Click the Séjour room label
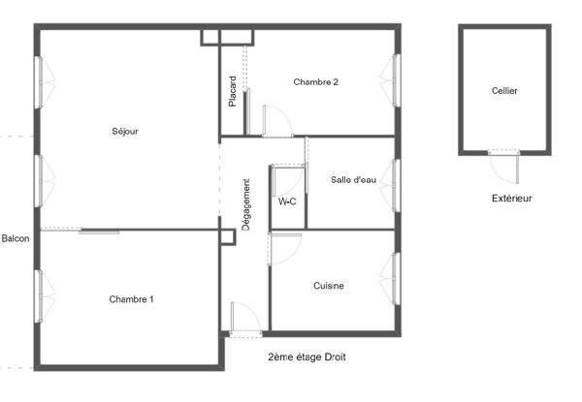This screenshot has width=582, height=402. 125,132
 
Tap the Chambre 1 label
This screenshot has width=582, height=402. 131,299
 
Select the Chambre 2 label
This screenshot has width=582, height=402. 315,82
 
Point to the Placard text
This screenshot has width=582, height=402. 233,92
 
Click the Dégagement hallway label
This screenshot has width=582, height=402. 246,203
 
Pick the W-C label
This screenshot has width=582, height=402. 288,202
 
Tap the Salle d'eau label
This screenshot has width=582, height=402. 353,179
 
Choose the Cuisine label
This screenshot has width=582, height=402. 329,286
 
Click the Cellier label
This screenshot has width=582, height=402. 504,91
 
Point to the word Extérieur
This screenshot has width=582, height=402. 511,199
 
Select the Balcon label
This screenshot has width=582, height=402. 15,238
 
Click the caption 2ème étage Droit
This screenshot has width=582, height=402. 307,357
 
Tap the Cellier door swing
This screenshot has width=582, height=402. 504,167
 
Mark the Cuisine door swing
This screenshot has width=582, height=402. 285,248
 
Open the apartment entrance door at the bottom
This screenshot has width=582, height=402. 244,320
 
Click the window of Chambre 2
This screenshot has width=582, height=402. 396,81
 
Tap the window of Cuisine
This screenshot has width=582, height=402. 396,279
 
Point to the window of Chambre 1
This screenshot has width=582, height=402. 39,295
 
